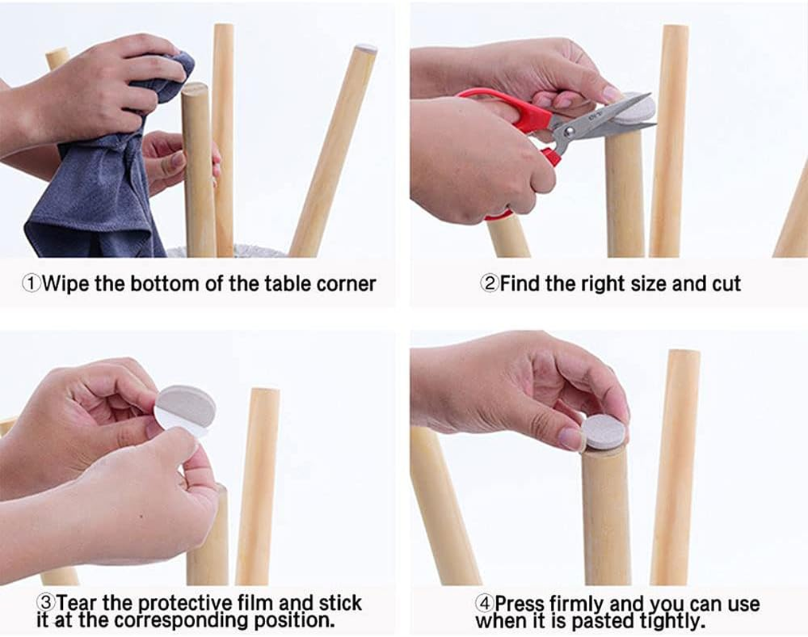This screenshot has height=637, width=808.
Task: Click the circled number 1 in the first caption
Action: [x=31, y=284]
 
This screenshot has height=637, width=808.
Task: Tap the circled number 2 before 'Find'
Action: [x=490, y=283]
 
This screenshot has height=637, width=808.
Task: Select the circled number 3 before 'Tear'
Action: [x=45, y=601]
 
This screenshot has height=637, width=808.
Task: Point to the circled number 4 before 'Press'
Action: [x=484, y=603]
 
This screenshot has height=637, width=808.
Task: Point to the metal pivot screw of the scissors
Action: [x=568, y=132]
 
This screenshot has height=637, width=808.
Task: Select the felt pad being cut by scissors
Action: [x=636, y=109]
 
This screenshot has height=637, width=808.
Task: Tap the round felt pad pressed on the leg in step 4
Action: [x=604, y=431]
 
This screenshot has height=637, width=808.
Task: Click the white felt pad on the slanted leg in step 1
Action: [x=366, y=48]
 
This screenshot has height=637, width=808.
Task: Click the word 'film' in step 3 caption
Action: [x=255, y=602]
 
